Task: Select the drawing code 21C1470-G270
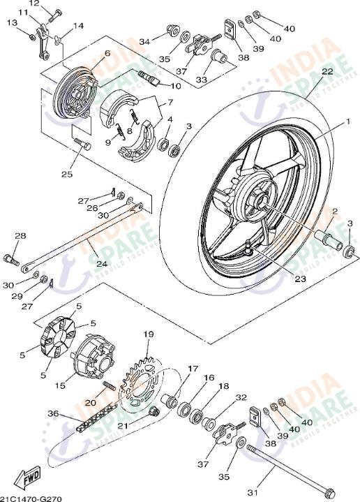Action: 31,498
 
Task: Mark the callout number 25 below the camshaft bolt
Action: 66,175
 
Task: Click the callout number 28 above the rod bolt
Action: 20,237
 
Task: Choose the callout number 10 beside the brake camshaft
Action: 176,86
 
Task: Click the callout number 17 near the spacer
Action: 193,369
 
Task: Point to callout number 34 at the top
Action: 144,42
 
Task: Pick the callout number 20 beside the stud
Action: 91,402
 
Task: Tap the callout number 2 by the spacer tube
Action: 335,212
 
